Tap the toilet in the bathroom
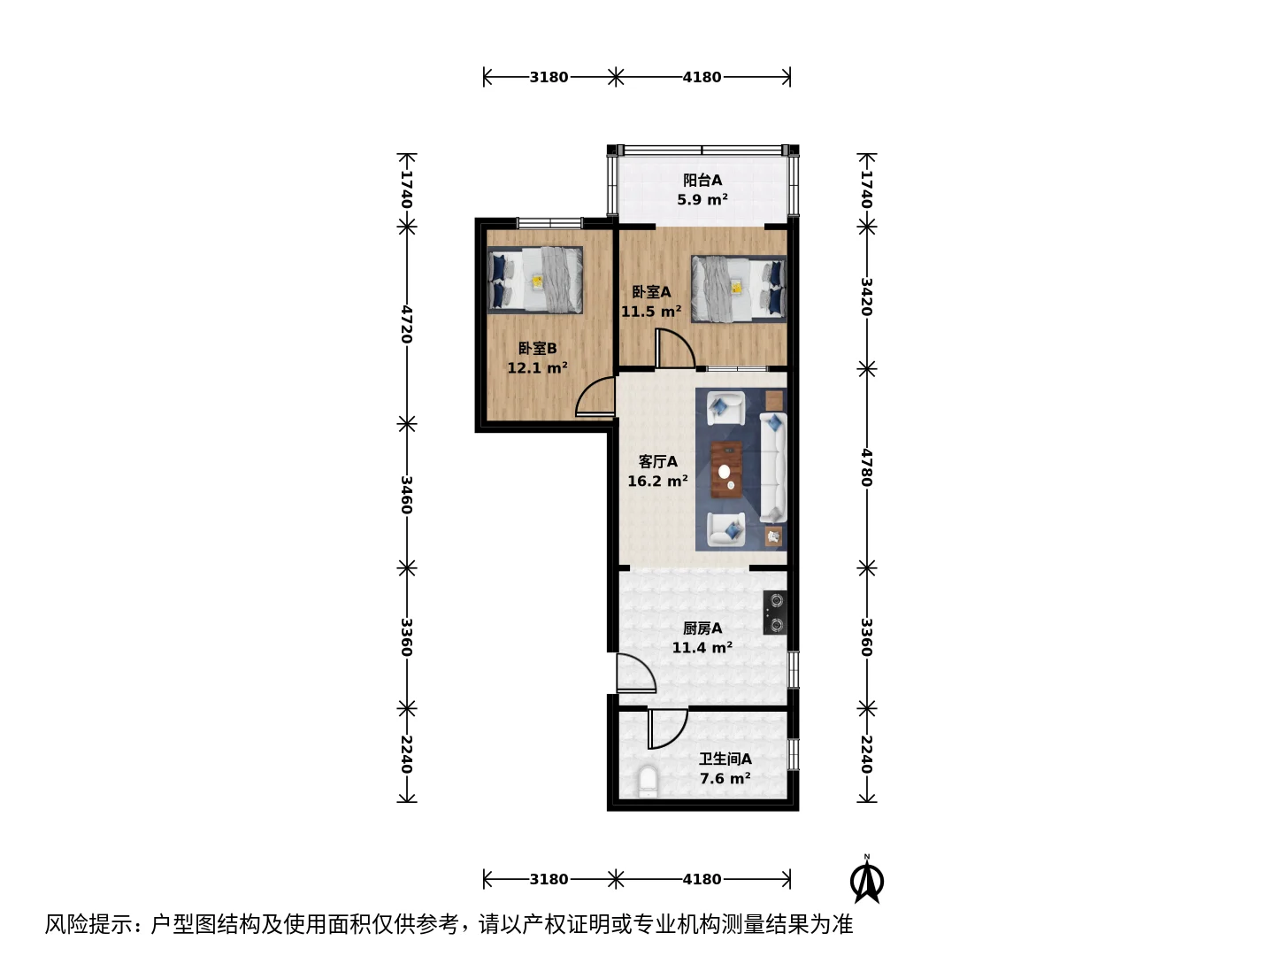[x=647, y=782]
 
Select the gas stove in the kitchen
[x=775, y=613]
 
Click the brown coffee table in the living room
[x=726, y=470]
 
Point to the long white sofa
[x=773, y=467]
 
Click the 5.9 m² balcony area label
[x=702, y=200]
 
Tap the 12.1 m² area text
[x=537, y=368]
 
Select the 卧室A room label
[x=651, y=292]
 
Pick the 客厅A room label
[x=657, y=461]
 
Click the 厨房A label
[x=702, y=628]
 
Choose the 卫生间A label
[x=725, y=759]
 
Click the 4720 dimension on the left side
[x=406, y=325]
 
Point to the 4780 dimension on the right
[x=866, y=467]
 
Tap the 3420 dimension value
[x=866, y=297]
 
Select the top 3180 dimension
[x=549, y=77]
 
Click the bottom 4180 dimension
[x=702, y=879]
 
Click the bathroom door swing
[x=667, y=729]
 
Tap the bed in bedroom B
[x=535, y=281]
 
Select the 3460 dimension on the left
[x=406, y=495]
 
